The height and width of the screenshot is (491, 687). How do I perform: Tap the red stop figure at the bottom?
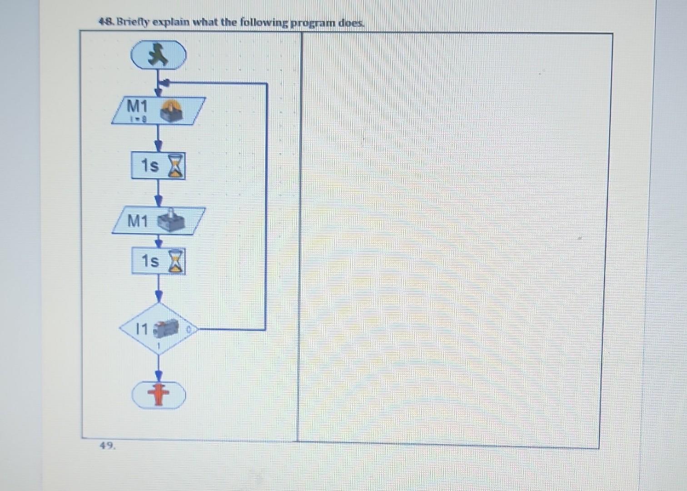tap(158, 395)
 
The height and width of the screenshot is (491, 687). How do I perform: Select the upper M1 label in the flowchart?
tap(137, 106)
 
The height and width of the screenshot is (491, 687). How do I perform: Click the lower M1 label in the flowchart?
tap(137, 221)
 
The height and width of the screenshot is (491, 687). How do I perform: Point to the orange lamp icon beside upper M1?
tap(171, 110)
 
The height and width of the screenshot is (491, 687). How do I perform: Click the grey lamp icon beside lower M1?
tap(171, 220)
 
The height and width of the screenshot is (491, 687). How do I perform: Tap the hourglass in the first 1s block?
tap(176, 166)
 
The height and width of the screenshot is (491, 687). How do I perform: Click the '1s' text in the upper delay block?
tap(149, 165)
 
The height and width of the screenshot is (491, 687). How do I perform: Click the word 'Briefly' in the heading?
tap(133, 22)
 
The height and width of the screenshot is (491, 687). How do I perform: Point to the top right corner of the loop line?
tap(266, 84)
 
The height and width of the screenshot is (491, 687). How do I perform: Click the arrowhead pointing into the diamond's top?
tap(159, 296)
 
